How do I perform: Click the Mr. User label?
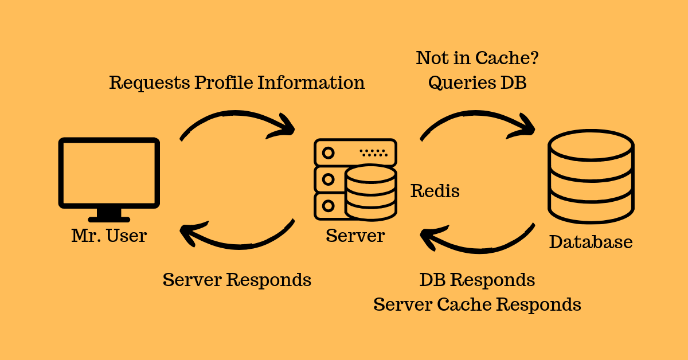(x=109, y=236)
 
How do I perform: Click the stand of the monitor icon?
(x=109, y=215)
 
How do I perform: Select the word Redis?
(x=435, y=191)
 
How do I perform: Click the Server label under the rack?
(x=355, y=236)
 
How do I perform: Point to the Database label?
(x=591, y=242)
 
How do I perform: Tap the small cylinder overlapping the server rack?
(x=370, y=192)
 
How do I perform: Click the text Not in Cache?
(x=477, y=58)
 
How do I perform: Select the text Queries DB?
(x=477, y=83)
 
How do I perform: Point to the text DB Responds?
(x=477, y=280)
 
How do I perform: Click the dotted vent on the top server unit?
(x=374, y=153)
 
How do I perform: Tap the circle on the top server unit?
(x=328, y=153)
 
